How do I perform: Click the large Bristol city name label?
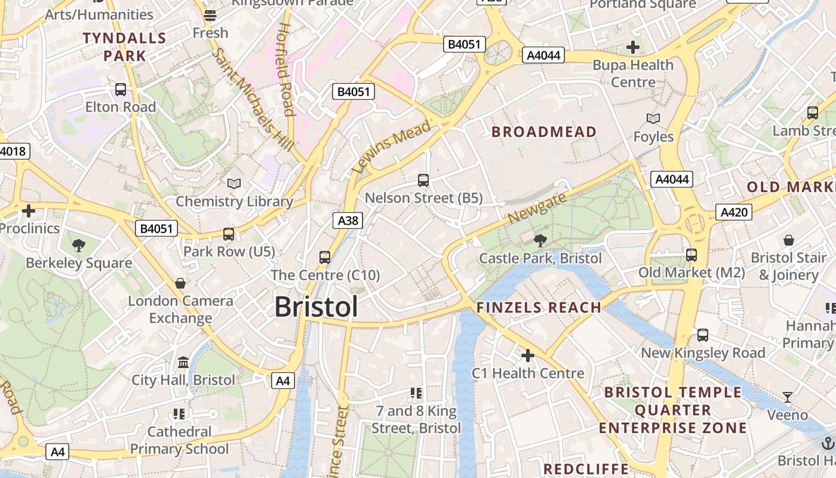pos(316,307)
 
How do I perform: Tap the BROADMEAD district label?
pos(543,132)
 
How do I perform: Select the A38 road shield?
pos(348,221)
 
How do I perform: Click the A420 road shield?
pos(733,212)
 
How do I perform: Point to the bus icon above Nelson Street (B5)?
pos(423,180)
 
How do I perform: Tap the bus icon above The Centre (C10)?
pos(325,258)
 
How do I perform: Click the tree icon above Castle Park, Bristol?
pos(540,241)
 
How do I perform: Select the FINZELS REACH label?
pos(538,308)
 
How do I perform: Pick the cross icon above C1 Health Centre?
pos(528,356)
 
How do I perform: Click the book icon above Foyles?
pos(653,119)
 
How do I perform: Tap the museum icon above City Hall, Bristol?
pos(183,362)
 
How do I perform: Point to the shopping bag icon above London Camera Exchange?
pos(180,283)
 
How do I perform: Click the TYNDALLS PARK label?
pos(124,47)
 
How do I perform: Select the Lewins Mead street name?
pos(391,147)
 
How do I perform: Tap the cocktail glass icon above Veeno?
pos(788,397)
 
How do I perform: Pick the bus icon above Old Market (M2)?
pos(691,255)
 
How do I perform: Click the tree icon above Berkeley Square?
pos(78,245)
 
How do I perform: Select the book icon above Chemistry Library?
pos(234,183)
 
